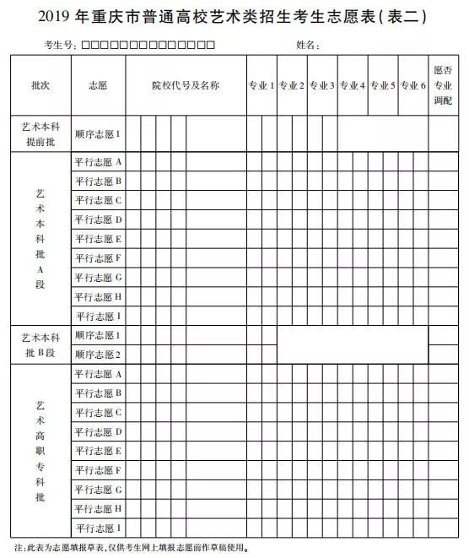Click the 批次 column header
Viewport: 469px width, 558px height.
pyautogui.click(x=40, y=85)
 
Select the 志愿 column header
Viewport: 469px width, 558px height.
pyautogui.click(x=98, y=85)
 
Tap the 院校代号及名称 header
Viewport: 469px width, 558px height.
pyautogui.click(x=186, y=85)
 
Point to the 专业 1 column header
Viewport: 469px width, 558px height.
pyautogui.click(x=261, y=85)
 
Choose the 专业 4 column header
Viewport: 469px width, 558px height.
pyautogui.click(x=352, y=85)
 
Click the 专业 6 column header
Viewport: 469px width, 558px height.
pyautogui.click(x=412, y=85)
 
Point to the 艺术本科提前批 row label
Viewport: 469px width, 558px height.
pyautogui.click(x=40, y=133)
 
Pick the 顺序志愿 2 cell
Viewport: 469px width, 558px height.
pyautogui.click(x=98, y=355)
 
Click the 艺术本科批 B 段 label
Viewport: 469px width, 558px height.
pyautogui.click(x=40, y=344)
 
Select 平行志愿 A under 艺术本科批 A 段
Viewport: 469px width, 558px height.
pyautogui.click(x=98, y=161)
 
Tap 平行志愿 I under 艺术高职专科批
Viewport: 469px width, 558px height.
pyautogui.click(x=98, y=528)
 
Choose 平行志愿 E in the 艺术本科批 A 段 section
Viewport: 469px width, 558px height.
pyautogui.click(x=98, y=239)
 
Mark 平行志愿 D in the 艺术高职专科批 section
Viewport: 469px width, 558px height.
pyautogui.click(x=98, y=431)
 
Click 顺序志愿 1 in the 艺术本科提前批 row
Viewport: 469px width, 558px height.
pyautogui.click(x=98, y=133)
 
